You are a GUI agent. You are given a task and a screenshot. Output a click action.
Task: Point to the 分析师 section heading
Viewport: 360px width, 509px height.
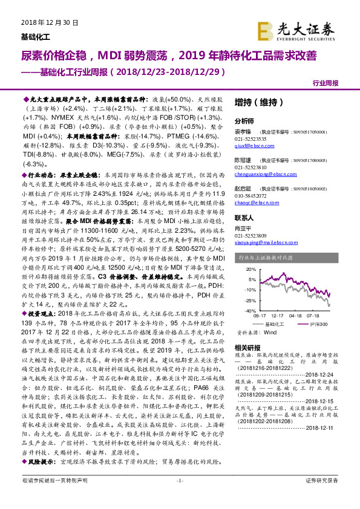[244, 121]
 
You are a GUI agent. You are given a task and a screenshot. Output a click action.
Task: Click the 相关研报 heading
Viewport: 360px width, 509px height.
[247, 348]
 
